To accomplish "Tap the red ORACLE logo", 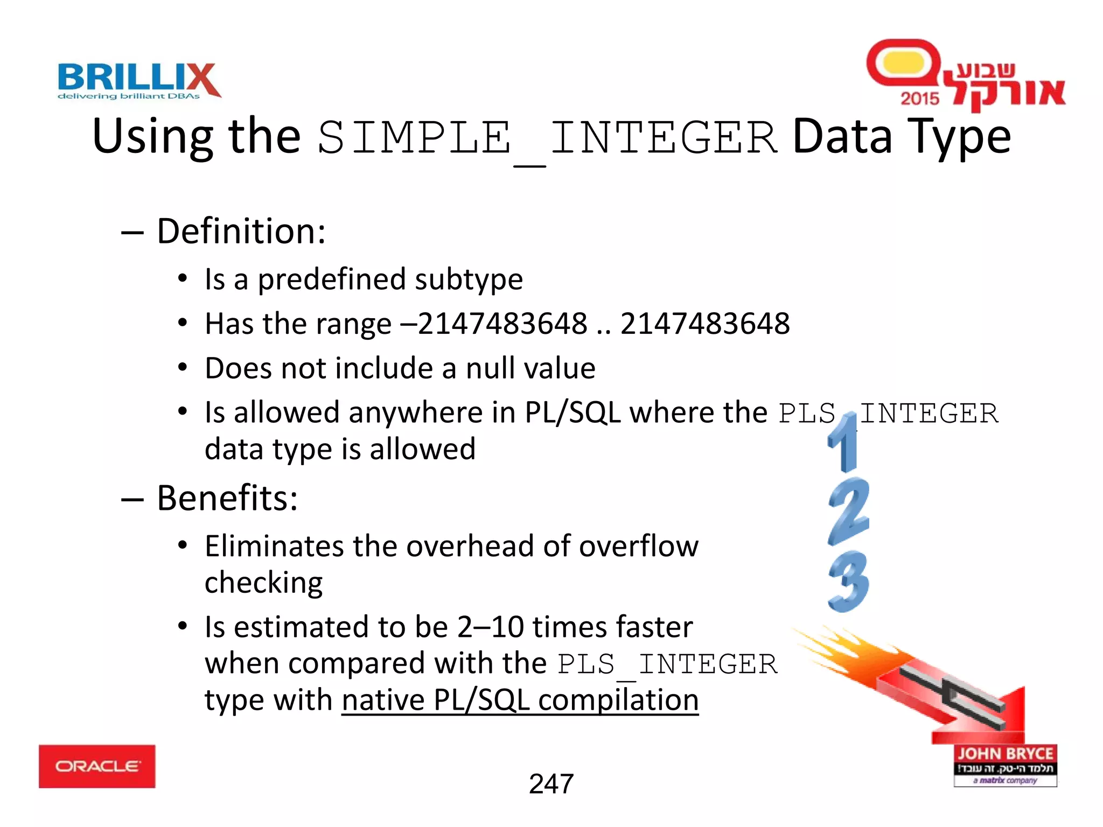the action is (97, 766).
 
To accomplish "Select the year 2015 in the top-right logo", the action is (919, 99).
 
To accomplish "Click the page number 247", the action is (551, 784).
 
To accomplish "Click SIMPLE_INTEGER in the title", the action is (547, 138).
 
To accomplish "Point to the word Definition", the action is (240, 232).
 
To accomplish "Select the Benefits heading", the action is (226, 498).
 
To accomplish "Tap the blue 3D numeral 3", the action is (849, 581).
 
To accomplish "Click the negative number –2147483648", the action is (493, 324).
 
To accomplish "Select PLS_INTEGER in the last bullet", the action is (667, 664).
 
